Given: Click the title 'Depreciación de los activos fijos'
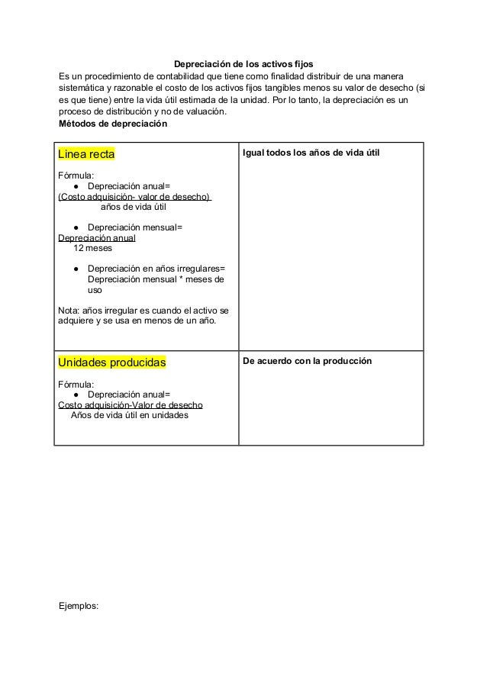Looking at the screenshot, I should [243, 65].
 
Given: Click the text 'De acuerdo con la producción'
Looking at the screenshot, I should [307, 360].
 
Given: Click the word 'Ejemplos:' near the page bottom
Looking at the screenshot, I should [79, 607].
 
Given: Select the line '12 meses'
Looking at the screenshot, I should [92, 248].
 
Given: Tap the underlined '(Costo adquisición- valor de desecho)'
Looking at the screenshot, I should [134, 197].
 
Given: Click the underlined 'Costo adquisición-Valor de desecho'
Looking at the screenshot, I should [131, 405].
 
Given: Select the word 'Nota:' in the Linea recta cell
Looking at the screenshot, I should [69, 311].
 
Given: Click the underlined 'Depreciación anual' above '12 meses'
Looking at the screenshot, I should [97, 238].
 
